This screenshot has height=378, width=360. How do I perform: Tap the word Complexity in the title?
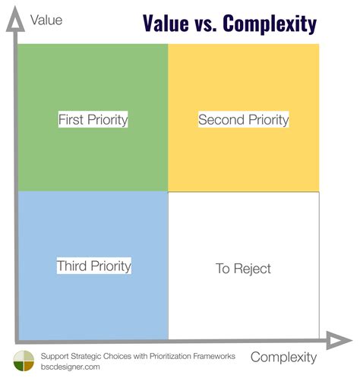pyautogui.click(x=270, y=24)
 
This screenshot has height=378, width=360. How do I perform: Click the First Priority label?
pyautogui.click(x=93, y=120)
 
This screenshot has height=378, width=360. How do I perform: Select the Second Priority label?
pyautogui.click(x=244, y=120)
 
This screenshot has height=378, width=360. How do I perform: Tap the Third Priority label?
pyautogui.click(x=93, y=266)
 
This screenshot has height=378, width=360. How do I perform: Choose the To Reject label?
pyautogui.click(x=243, y=268)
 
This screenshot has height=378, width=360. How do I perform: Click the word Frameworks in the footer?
pyautogui.click(x=213, y=355)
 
